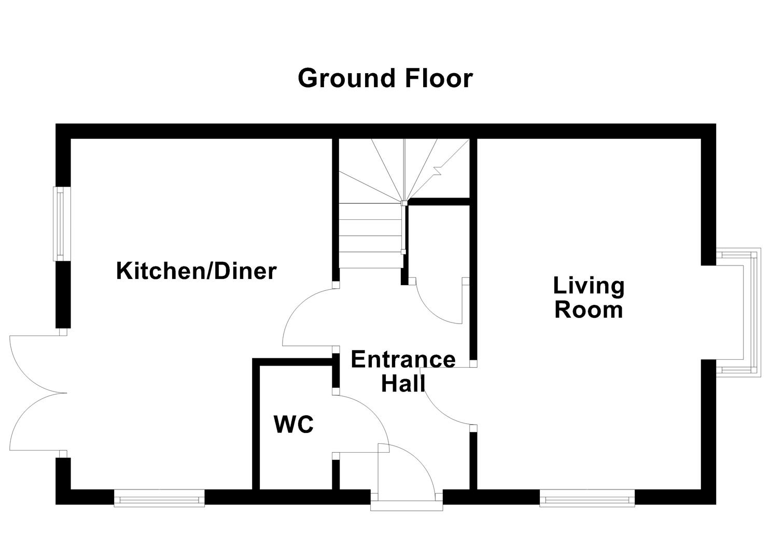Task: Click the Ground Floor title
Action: click(x=385, y=79)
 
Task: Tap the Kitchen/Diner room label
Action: click(x=196, y=271)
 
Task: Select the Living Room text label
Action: click(x=589, y=298)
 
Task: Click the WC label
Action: click(x=293, y=425)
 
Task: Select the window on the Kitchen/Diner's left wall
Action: click(x=61, y=223)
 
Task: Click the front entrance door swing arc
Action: click(x=410, y=469)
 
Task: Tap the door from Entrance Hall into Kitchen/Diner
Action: click(x=306, y=316)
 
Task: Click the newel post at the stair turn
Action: click(x=404, y=203)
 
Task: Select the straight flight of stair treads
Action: click(x=370, y=236)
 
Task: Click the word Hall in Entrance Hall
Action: click(x=403, y=384)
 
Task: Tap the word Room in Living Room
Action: click(x=589, y=310)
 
